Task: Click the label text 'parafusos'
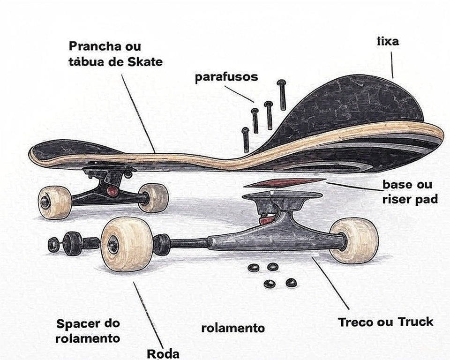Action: click(226, 77)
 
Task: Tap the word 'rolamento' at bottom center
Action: click(233, 328)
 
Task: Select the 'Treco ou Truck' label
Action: click(385, 322)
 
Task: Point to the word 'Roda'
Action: click(163, 353)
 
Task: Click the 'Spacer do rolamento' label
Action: click(88, 330)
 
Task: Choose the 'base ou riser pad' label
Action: click(409, 192)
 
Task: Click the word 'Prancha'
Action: click(92, 46)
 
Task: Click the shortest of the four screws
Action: click(245, 140)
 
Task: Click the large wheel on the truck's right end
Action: click(354, 240)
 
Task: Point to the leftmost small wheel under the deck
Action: click(54, 202)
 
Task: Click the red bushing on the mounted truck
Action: click(112, 191)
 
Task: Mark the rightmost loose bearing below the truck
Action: click(291, 283)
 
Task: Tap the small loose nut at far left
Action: click(54, 244)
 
